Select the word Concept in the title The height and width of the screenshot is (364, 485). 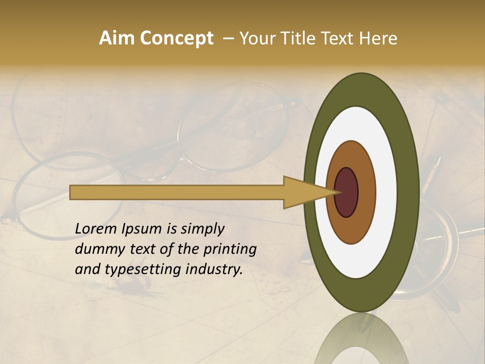point(176,39)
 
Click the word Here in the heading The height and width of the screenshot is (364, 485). point(378,38)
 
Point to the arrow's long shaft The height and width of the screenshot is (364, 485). point(177,193)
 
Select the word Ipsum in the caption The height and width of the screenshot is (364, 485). point(143,230)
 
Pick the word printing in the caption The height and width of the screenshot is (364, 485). point(232,250)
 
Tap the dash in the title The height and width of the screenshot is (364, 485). point(228,39)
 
